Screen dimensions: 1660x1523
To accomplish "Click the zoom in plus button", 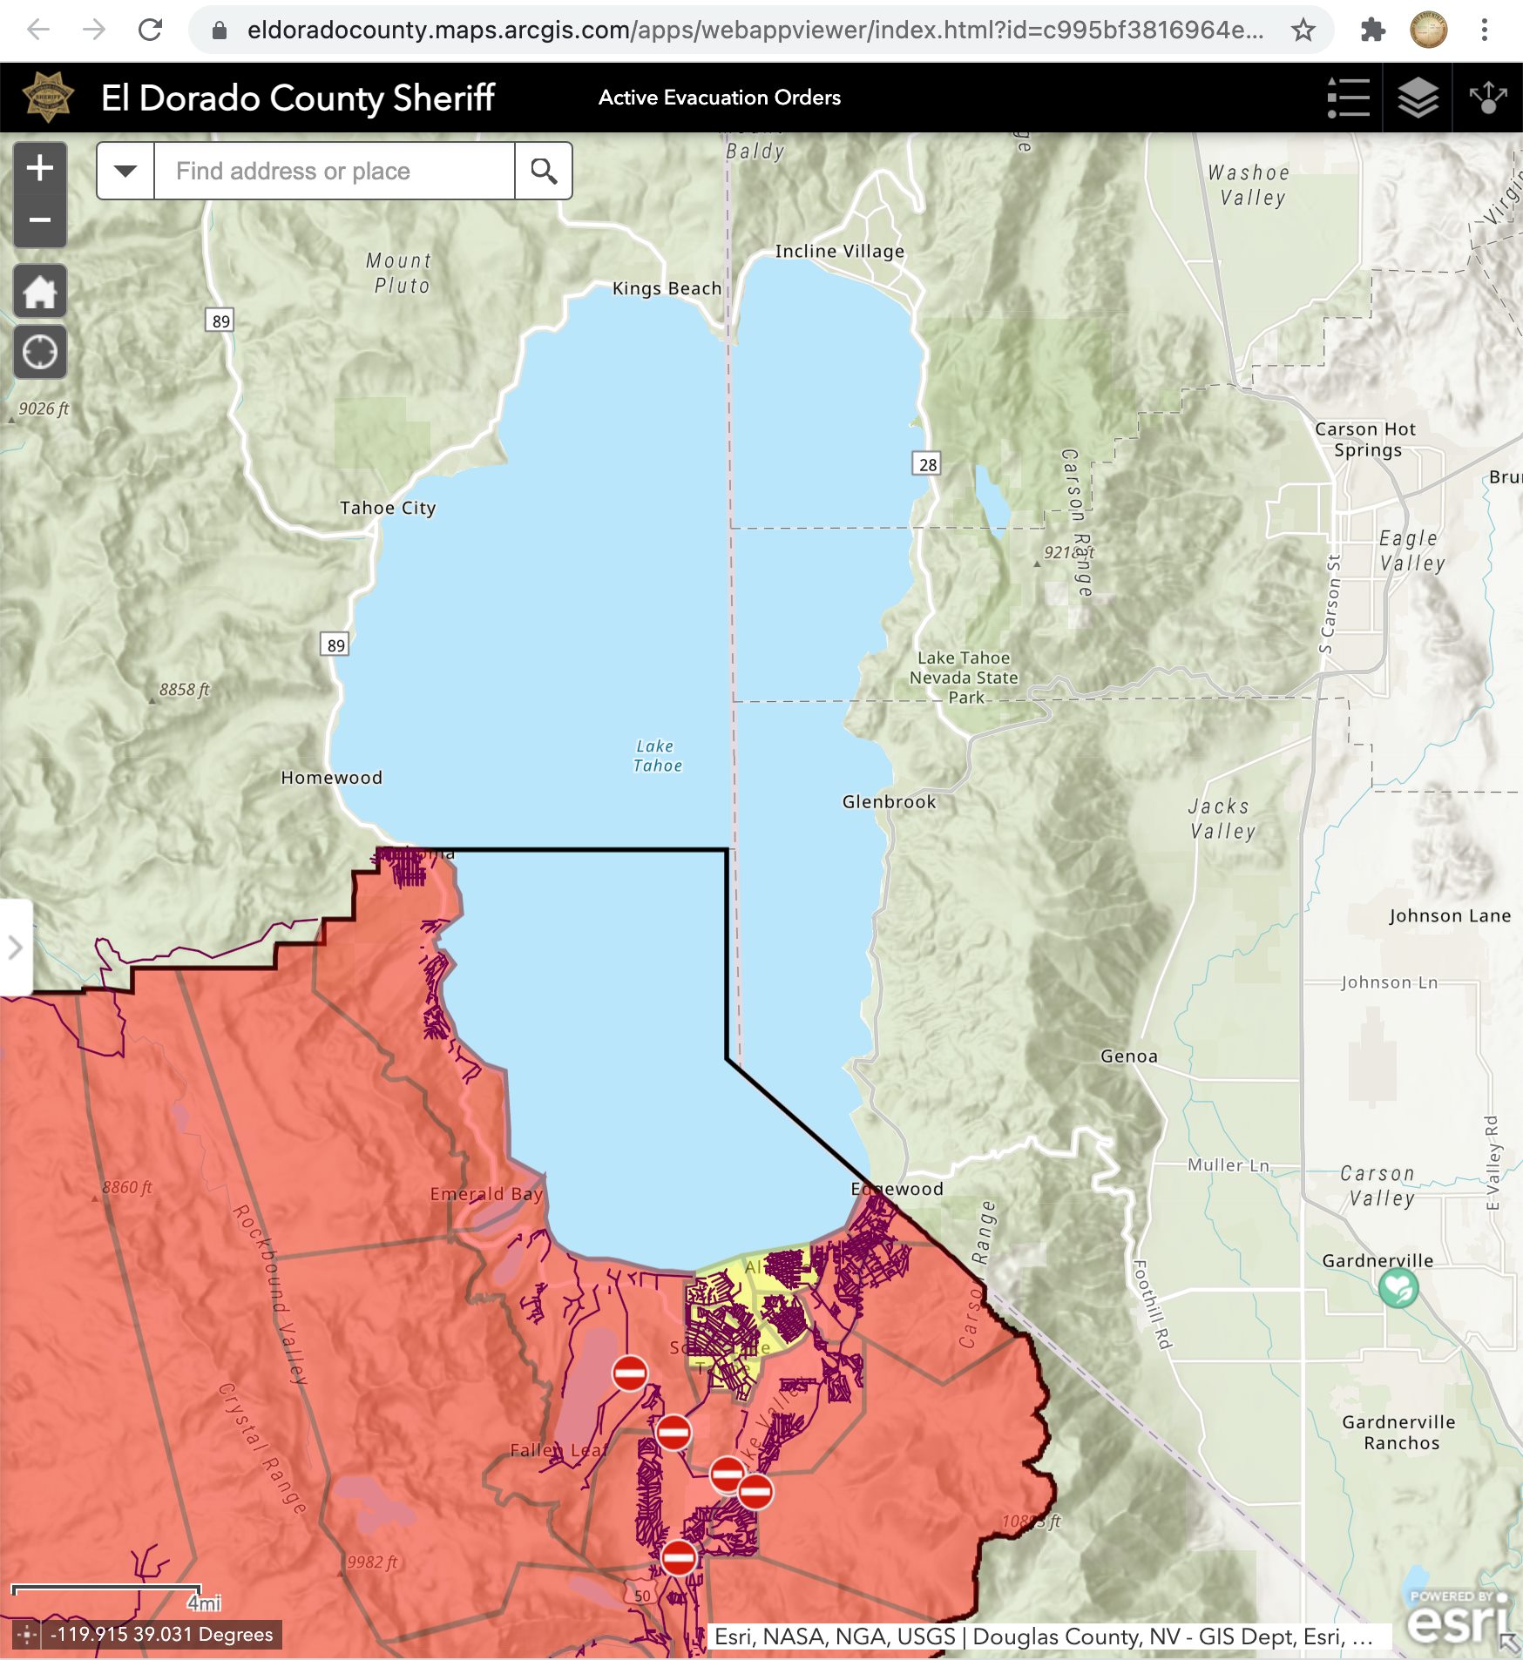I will click(x=40, y=168).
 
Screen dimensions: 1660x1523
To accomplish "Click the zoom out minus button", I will click(x=40, y=220).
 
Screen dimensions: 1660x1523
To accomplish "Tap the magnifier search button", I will click(x=544, y=171).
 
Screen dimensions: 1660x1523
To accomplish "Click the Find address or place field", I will click(x=334, y=171).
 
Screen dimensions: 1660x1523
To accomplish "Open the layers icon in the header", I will click(x=1418, y=98).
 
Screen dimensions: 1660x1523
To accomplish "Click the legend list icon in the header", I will click(x=1348, y=98).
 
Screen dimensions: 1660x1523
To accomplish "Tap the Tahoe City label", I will click(x=388, y=508).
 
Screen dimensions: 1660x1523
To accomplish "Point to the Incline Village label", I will click(x=839, y=251).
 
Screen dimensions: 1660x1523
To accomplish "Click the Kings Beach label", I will click(x=667, y=288).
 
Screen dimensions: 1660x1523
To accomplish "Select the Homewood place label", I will click(x=331, y=778).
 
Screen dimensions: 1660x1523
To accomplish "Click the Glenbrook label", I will click(x=889, y=802).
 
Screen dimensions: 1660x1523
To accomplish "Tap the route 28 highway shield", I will click(x=928, y=464).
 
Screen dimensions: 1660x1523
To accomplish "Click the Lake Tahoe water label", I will click(x=657, y=756).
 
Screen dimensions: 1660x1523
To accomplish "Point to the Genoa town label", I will click(x=1128, y=1056).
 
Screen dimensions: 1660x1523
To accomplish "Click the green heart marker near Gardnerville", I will click(x=1398, y=1287).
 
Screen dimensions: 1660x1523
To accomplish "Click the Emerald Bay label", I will click(x=486, y=1194).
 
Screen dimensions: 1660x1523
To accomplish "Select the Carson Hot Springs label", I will click(x=1365, y=440).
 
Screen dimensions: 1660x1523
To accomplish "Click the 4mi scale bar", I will click(x=106, y=1589).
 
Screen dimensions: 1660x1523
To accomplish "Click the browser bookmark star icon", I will click(x=1303, y=30).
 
